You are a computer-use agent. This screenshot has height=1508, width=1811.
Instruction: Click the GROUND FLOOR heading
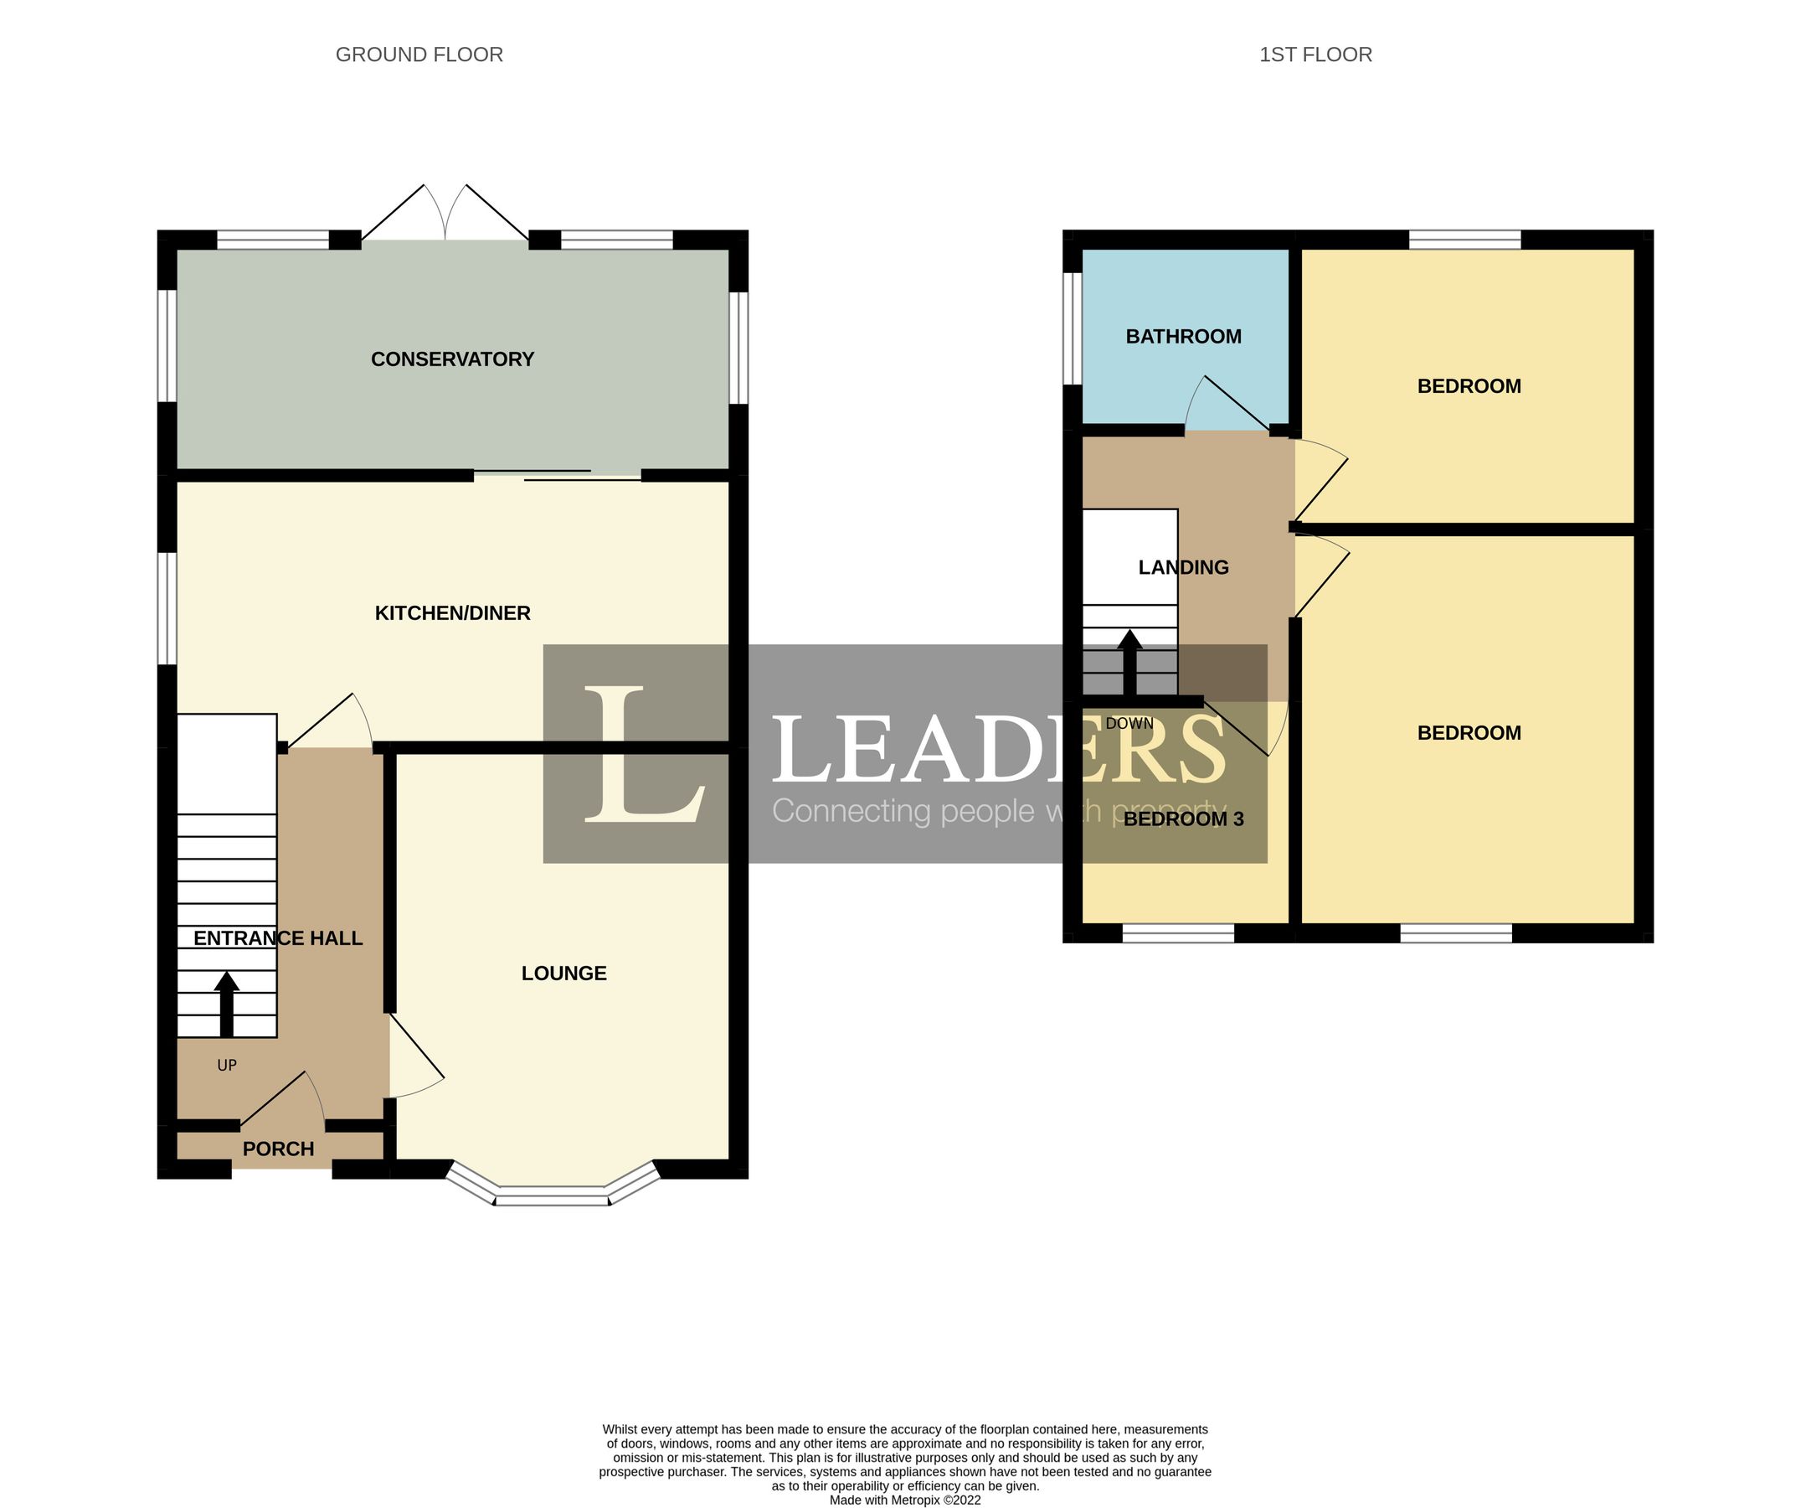pyautogui.click(x=419, y=54)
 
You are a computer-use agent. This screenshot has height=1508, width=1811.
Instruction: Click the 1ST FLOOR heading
pyautogui.click(x=1315, y=54)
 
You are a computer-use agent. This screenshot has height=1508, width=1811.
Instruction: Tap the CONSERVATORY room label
pyautogui.click(x=452, y=359)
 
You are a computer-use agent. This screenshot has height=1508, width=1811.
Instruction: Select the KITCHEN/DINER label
pyautogui.click(x=452, y=612)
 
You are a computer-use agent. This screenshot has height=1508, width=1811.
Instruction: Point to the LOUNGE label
pyautogui.click(x=564, y=973)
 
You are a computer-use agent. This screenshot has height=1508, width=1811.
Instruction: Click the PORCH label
pyautogui.click(x=278, y=1149)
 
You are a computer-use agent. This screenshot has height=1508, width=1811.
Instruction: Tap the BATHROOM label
pyautogui.click(x=1183, y=337)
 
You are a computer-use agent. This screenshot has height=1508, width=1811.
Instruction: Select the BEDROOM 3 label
pyautogui.click(x=1183, y=819)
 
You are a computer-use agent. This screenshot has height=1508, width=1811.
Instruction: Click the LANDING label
pyautogui.click(x=1183, y=567)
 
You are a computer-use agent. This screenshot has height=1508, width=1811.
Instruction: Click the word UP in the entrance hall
pyautogui.click(x=226, y=1066)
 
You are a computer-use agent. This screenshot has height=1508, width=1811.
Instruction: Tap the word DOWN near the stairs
pyautogui.click(x=1129, y=724)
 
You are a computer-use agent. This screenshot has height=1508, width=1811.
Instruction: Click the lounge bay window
pyautogui.click(x=552, y=1194)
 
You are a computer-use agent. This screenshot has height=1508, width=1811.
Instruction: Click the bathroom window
pyautogui.click(x=1072, y=328)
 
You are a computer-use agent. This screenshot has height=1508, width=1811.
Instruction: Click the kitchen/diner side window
pyautogui.click(x=167, y=608)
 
